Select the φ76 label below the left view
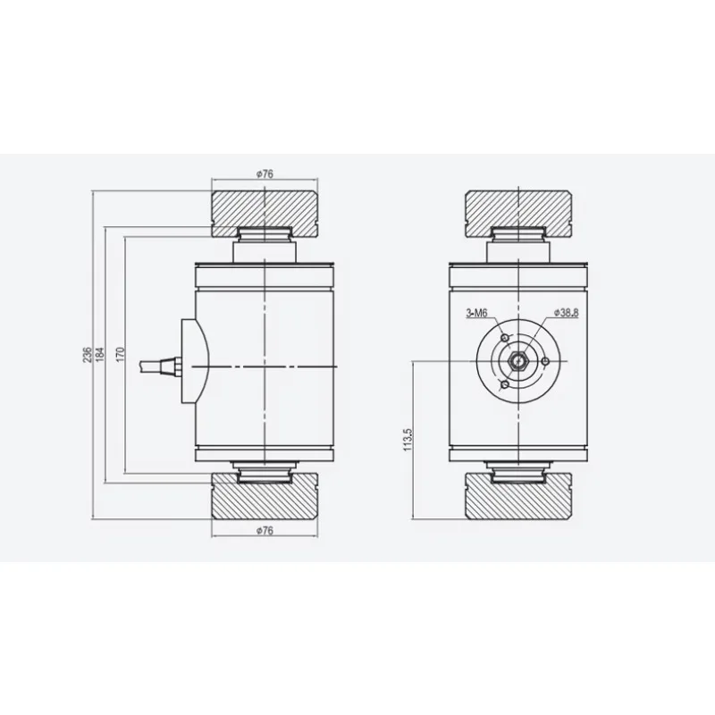(x=265, y=532)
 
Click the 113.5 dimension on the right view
(x=408, y=440)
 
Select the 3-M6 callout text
(x=476, y=313)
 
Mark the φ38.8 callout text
(x=568, y=313)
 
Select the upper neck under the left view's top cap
(x=265, y=246)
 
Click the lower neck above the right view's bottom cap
(x=519, y=467)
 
